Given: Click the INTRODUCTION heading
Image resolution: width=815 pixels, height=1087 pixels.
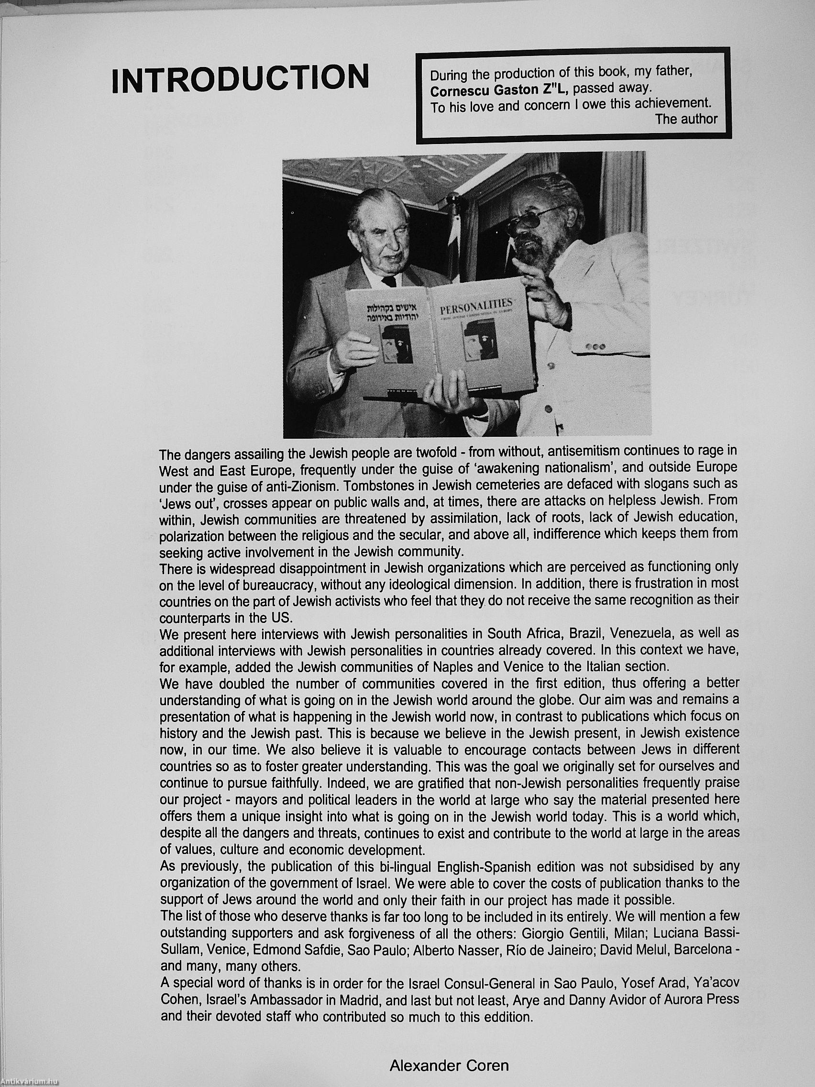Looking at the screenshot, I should (x=240, y=78).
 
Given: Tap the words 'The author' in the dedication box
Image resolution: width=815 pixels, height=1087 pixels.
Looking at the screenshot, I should (x=686, y=119).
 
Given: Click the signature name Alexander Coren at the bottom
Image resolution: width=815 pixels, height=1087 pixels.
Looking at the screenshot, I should (x=449, y=1065).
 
